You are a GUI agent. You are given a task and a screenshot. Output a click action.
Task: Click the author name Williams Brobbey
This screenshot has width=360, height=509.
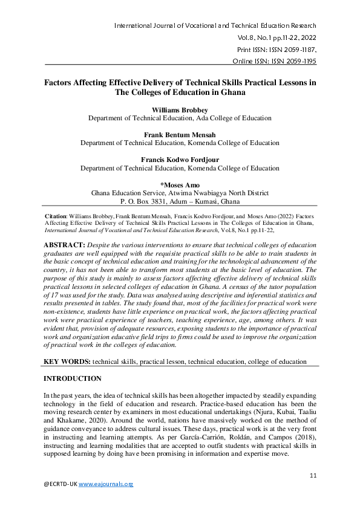tap(180, 109)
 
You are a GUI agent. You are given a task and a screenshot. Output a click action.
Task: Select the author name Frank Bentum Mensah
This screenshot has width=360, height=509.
tap(180, 134)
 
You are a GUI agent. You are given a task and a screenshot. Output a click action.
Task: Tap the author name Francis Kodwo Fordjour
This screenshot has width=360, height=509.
tap(180, 160)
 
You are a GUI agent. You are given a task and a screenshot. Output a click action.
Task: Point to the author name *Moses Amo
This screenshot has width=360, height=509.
tap(180, 184)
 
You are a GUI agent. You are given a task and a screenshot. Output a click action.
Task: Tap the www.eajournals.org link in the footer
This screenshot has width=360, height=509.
tap(106, 484)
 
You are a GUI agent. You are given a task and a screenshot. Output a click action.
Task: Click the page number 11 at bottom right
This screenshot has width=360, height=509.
tap(313, 476)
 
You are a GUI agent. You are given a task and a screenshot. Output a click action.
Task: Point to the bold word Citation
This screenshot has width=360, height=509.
tap(57, 215)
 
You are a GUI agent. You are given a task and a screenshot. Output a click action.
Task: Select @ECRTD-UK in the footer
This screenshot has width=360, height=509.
tap(61, 484)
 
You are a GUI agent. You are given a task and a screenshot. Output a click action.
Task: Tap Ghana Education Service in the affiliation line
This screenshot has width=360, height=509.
tap(128, 193)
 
